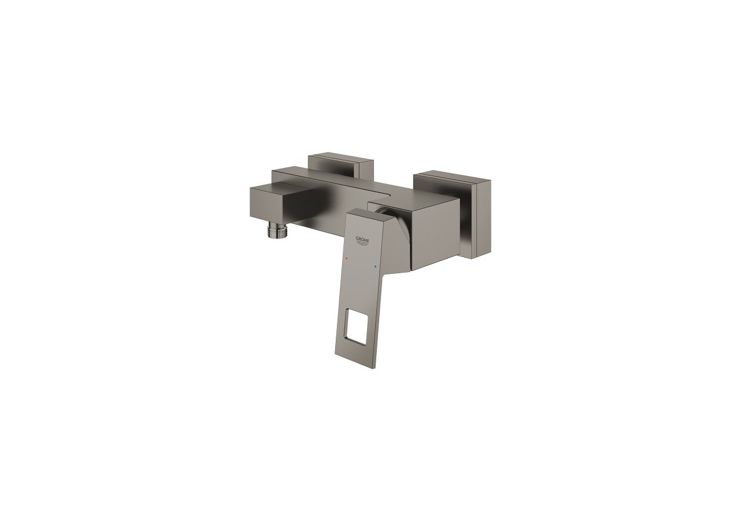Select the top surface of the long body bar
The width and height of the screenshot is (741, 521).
click(336, 180)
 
